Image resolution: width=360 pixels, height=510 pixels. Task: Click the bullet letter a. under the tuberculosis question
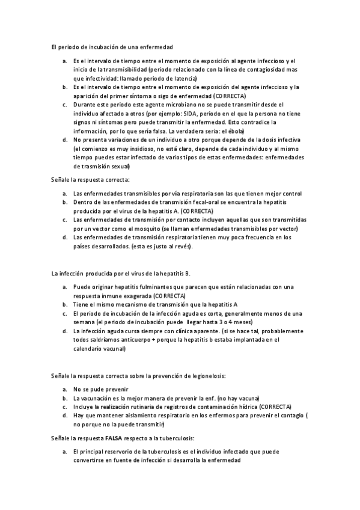tap(64, 450)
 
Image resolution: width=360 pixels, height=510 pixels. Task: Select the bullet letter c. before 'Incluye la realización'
tap(64, 407)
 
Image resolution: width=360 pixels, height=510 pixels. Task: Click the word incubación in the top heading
tap(91, 46)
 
